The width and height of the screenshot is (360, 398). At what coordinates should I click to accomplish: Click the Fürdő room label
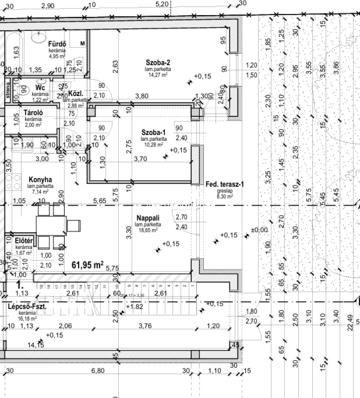tap(57, 44)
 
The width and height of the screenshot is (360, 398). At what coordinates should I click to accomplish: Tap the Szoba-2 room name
tap(158, 63)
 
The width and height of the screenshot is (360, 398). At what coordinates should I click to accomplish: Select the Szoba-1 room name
tap(153, 132)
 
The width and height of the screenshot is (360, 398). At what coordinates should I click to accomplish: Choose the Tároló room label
tap(33, 113)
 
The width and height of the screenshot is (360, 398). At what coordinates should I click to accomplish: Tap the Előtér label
tap(24, 241)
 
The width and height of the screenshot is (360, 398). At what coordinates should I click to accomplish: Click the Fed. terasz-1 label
tap(225, 184)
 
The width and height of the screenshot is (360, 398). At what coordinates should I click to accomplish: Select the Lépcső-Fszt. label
tap(27, 306)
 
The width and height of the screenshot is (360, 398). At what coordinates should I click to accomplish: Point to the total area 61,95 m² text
tap(88, 265)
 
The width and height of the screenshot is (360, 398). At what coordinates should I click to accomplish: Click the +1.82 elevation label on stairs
tap(134, 307)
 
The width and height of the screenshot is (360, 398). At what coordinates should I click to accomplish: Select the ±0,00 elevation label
tap(259, 230)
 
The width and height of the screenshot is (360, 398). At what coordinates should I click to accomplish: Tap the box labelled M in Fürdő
tap(83, 43)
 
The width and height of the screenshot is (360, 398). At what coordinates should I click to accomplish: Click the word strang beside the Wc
tap(8, 90)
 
